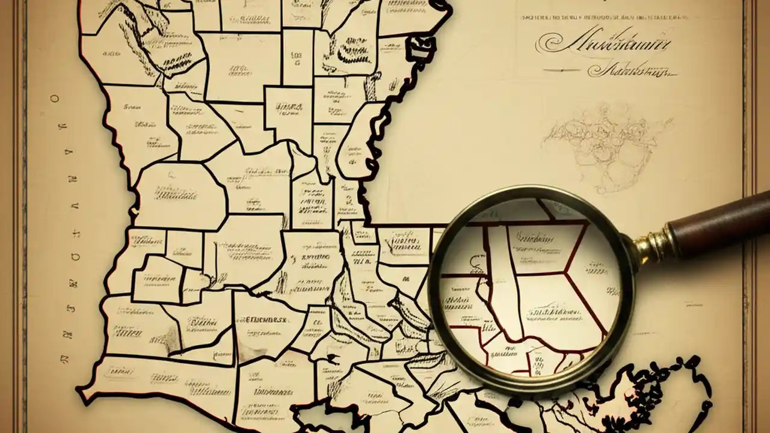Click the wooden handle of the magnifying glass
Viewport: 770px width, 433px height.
point(716,220)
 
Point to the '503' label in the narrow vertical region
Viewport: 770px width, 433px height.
point(296,57)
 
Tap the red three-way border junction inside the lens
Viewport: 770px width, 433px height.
point(565,274)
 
